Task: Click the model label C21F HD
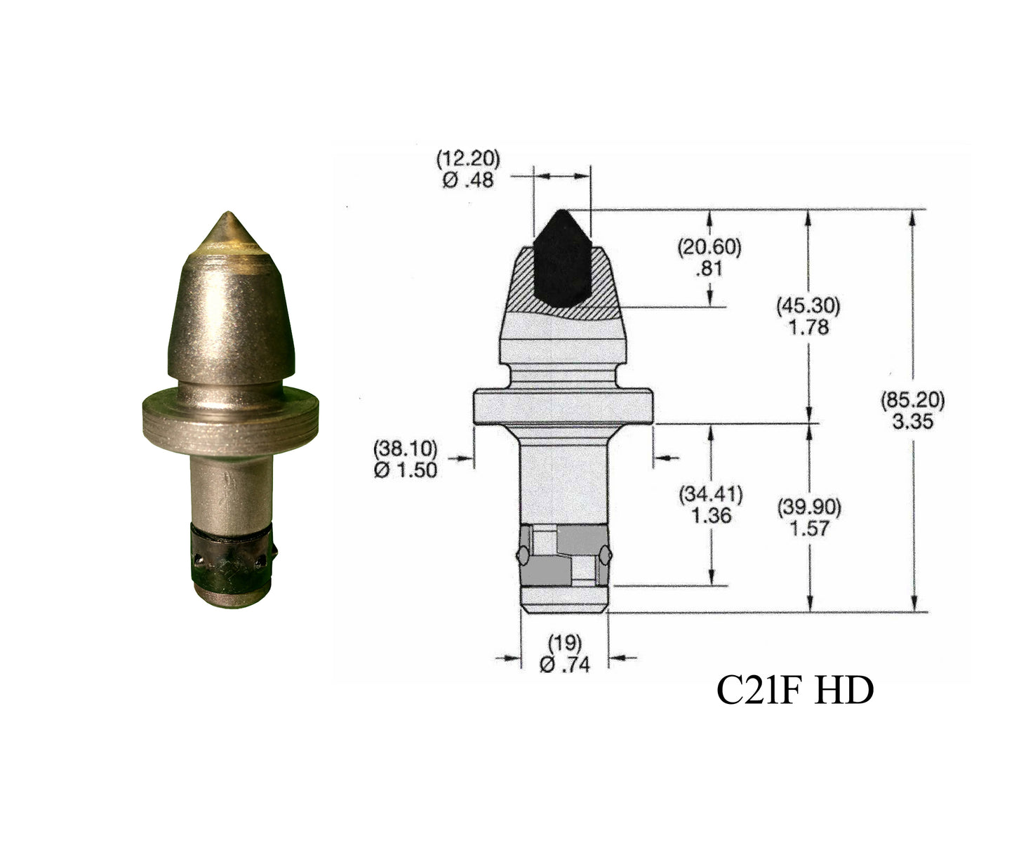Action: point(794,691)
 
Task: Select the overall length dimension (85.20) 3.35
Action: point(912,410)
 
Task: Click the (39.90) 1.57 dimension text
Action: point(808,517)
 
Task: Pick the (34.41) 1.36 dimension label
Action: point(710,505)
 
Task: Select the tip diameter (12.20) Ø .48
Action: point(468,168)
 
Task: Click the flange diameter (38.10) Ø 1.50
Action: point(405,458)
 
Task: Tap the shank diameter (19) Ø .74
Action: point(565,653)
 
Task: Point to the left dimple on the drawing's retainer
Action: point(523,555)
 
